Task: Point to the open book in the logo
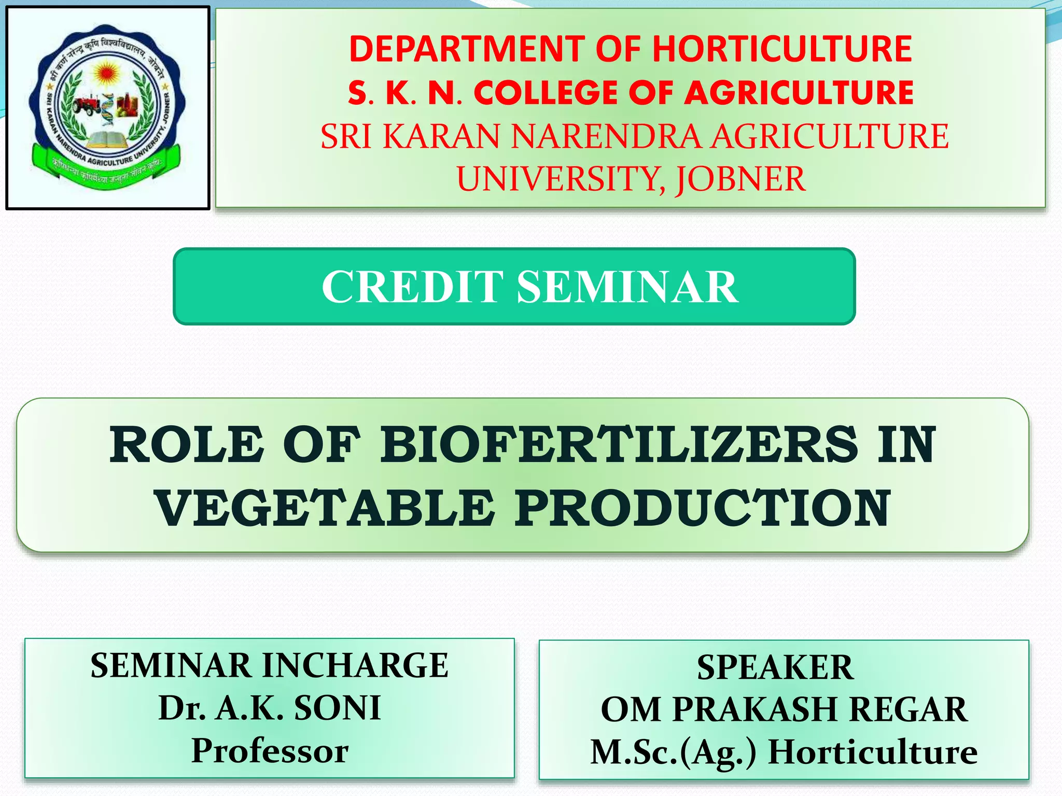pos(108,139)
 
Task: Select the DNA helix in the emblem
pos(108,109)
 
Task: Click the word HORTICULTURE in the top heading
pos(782,49)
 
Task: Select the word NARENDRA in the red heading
pos(605,136)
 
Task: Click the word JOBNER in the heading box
pos(740,179)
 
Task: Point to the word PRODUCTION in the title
pos(703,509)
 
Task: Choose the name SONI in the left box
pos(338,708)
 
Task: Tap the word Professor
pos(270,751)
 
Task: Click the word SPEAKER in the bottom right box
pos(775,667)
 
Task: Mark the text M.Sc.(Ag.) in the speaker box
pos(674,752)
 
